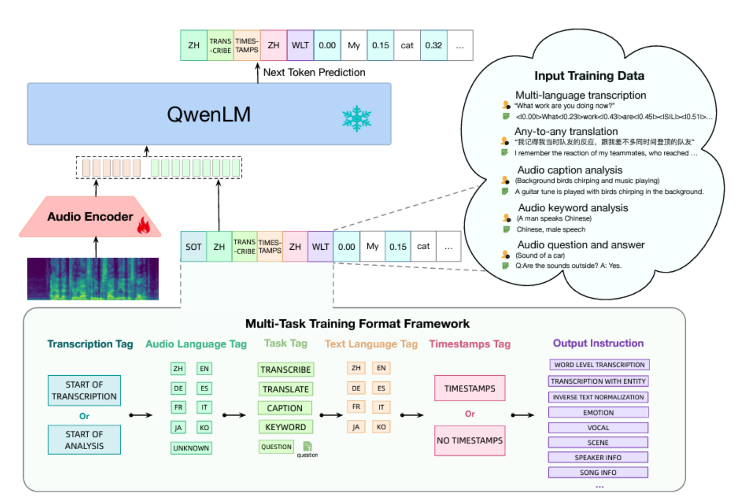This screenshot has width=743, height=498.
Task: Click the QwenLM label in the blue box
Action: [x=208, y=114]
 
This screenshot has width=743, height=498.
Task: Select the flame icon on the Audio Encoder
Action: [x=143, y=226]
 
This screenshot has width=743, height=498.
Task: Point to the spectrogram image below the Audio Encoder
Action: [x=93, y=279]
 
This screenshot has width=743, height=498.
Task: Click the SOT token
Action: [x=193, y=247]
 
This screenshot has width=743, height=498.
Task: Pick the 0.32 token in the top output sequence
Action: [x=433, y=46]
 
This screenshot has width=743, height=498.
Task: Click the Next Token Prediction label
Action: [x=314, y=72]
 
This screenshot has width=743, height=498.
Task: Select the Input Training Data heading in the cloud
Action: [x=589, y=76]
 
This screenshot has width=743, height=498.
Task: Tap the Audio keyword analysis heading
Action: [x=573, y=208]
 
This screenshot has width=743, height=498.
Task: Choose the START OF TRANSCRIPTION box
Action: [x=84, y=390]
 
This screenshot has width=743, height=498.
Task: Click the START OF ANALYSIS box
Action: [x=84, y=440]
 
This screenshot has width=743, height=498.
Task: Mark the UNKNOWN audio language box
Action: [x=191, y=448]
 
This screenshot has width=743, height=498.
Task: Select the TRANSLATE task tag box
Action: [x=285, y=389]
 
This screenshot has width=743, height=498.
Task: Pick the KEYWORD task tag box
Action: [x=285, y=427]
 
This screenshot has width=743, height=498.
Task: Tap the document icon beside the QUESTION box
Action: [x=307, y=446]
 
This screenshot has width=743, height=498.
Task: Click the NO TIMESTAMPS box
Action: [x=470, y=440]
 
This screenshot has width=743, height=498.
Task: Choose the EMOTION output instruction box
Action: [x=598, y=412]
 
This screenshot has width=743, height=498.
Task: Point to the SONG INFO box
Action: [x=598, y=472]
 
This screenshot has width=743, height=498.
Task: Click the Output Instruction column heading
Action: [x=598, y=343]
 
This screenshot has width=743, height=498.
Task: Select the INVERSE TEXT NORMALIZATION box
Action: [x=598, y=397]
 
